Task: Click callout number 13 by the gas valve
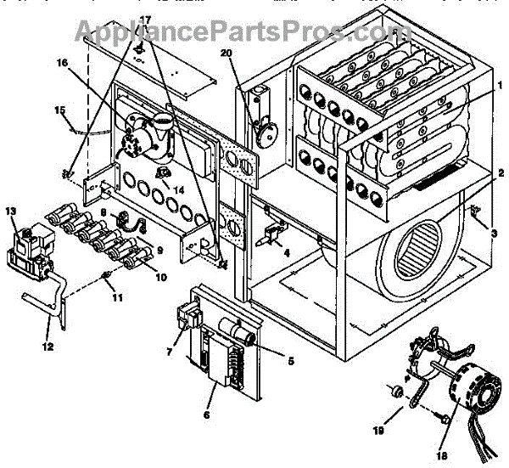click(10, 210)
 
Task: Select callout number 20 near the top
click(226, 53)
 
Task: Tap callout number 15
click(59, 110)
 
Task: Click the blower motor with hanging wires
click(458, 399)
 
